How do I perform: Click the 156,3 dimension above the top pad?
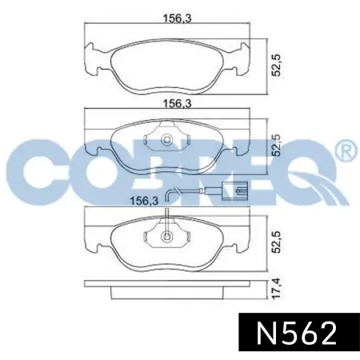pyautogui.click(x=178, y=18)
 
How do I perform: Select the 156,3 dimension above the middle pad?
pyautogui.click(x=178, y=103)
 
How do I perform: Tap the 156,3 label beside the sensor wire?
pyautogui.click(x=144, y=201)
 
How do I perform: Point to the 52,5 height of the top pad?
pyautogui.click(x=276, y=66)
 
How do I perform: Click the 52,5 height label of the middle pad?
pyautogui.click(x=276, y=146)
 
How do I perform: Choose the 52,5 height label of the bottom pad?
pyautogui.click(x=276, y=242)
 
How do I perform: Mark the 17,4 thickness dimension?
pyautogui.click(x=276, y=289)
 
